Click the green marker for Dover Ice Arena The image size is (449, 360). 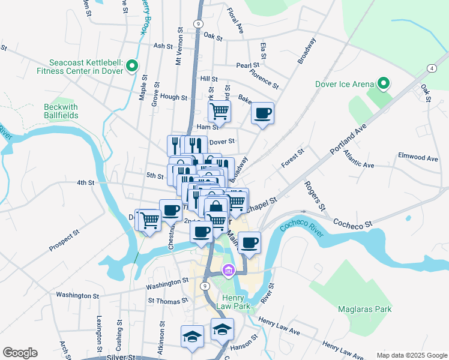point(382,84)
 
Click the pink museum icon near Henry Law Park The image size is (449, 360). point(228,271)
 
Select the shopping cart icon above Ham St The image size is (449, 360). point(219,111)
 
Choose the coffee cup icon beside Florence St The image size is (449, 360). point(262,112)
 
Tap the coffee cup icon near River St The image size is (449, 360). point(249,243)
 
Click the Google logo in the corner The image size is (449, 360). point(20,353)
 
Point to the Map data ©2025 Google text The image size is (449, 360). point(412,355)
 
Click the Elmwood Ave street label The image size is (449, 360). point(418,158)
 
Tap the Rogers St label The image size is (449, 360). point(315,196)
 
